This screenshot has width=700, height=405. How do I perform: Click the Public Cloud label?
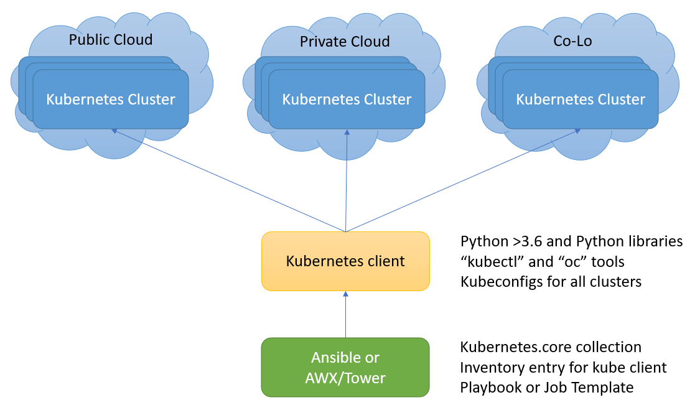pos(111,40)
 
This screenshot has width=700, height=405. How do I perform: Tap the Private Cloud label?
pos(345,42)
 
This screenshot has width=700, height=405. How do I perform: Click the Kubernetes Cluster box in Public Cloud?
pos(111,99)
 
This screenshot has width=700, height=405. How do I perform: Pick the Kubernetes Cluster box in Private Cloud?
pos(347,99)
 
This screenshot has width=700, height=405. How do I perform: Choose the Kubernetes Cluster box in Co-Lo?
pos(581,99)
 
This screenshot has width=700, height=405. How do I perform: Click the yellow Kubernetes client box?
pos(345,261)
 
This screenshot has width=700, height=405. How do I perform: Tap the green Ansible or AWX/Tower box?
pos(345,367)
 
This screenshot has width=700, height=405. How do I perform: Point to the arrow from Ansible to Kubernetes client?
pos(345,315)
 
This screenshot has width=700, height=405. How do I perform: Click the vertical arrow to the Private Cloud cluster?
pos(346,180)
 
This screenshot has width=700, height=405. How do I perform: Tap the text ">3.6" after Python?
pos(516,241)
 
